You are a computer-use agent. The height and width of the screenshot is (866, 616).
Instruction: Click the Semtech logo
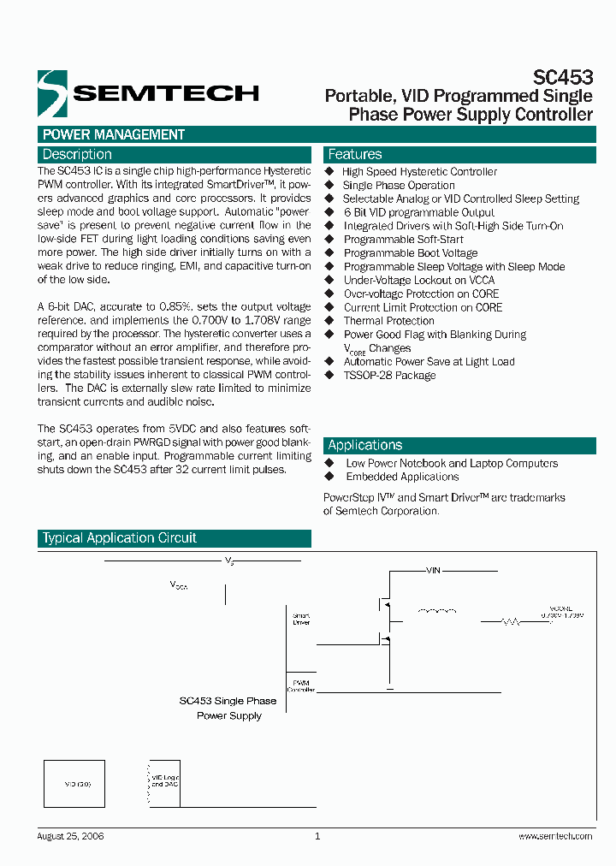point(147,92)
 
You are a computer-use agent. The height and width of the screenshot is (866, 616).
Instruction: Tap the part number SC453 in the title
point(568,77)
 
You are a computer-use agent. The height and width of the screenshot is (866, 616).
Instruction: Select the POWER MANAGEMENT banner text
point(114,134)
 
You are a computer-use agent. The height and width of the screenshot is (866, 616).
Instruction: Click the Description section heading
point(77,155)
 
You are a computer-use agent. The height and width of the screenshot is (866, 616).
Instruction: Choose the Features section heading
point(355,155)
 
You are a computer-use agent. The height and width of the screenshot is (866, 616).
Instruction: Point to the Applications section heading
point(364,445)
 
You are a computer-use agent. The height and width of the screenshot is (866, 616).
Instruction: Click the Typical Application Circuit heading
point(120,538)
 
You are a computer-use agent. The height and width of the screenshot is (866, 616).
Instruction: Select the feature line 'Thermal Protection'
point(389,321)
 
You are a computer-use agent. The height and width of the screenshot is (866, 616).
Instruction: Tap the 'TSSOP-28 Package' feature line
point(389,376)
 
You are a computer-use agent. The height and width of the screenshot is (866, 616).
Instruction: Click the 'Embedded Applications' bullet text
point(402,477)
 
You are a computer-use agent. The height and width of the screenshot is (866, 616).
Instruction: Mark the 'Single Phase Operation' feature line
point(399,185)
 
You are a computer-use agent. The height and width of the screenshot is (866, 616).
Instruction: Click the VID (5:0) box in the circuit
point(74,783)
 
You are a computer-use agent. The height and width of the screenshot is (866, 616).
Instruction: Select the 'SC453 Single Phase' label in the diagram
point(228,700)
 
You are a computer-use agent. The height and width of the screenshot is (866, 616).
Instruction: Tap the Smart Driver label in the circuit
point(301,619)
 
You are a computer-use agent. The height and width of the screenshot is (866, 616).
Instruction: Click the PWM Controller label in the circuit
point(301,685)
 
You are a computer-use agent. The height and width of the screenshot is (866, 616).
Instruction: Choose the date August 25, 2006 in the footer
point(71,836)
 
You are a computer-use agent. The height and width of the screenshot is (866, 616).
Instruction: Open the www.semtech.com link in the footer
point(556,836)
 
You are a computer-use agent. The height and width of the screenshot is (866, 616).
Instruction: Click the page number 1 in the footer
point(317,836)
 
